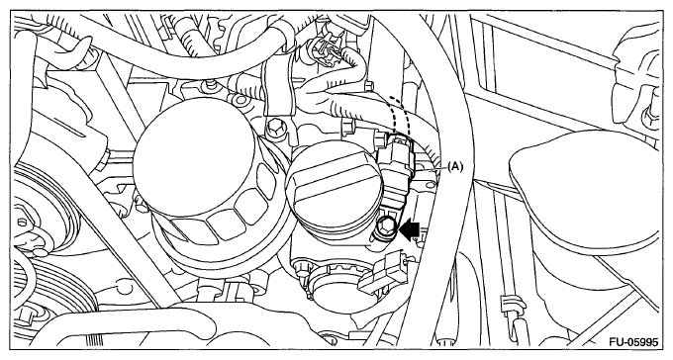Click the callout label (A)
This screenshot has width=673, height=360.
click(x=455, y=166)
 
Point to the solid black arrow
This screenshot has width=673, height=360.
click(x=409, y=229)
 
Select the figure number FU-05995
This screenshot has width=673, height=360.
click(x=632, y=342)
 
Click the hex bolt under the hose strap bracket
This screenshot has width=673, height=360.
click(x=273, y=128)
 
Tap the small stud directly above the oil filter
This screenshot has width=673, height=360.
click(x=209, y=86)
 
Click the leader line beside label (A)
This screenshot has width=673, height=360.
click(x=431, y=170)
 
